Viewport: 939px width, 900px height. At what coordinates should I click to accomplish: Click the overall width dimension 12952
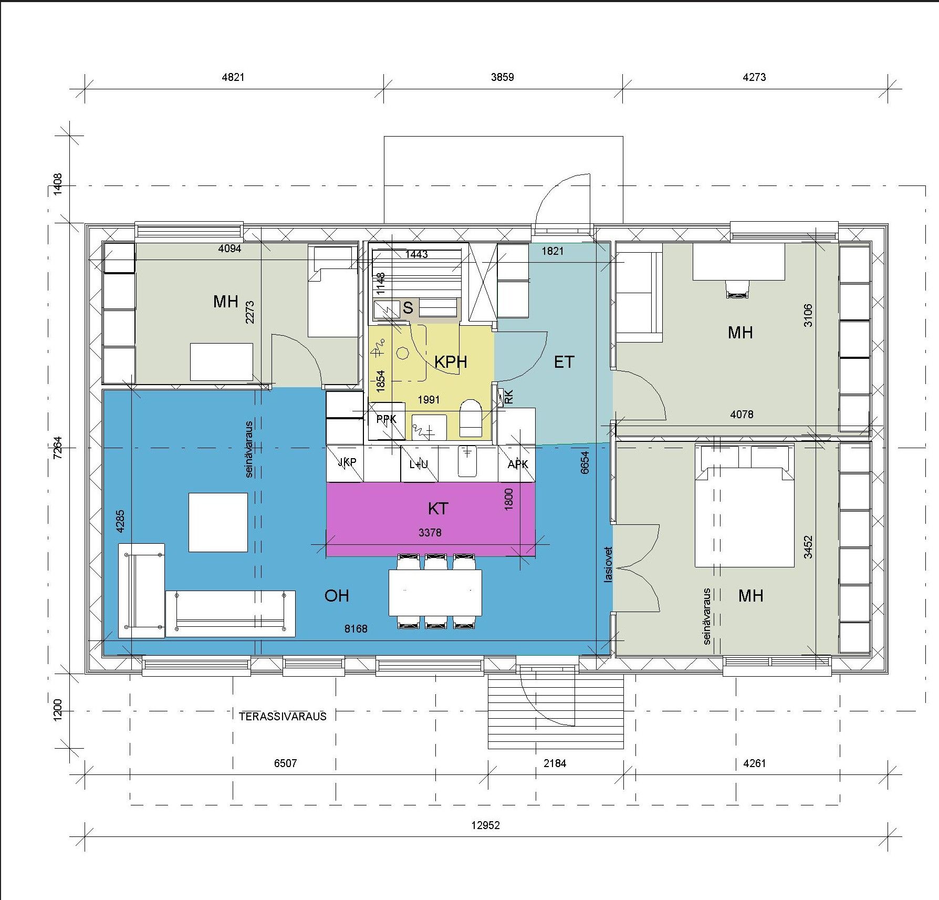[485, 825]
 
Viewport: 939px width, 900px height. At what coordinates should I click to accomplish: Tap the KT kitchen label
[438, 509]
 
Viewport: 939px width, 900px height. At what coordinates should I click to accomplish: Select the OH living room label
[337, 595]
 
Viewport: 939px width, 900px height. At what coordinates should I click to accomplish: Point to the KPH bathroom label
[451, 361]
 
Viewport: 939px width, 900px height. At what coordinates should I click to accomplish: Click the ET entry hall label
[564, 361]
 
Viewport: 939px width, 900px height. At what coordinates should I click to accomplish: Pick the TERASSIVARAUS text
[283, 716]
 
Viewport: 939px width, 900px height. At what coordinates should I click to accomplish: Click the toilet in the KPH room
[471, 418]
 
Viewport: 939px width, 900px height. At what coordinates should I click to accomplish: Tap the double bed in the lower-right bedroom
[744, 506]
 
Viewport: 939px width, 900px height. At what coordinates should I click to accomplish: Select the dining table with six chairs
[435, 591]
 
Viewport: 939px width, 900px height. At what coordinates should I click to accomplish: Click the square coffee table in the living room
[218, 522]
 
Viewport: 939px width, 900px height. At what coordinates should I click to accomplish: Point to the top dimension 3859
[502, 77]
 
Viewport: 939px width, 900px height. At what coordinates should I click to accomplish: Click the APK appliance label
[518, 464]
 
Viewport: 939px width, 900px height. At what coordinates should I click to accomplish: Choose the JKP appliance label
[347, 462]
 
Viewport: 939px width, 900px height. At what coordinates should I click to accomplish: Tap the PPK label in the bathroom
[387, 419]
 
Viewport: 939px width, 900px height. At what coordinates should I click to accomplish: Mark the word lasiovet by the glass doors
[609, 564]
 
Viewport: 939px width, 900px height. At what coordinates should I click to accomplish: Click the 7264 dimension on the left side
[58, 448]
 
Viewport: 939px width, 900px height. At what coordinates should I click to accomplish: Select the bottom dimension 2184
[555, 763]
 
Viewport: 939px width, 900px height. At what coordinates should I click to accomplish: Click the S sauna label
[408, 308]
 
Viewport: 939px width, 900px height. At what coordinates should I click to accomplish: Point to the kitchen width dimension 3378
[430, 533]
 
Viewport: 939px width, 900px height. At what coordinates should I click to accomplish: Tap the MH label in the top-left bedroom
[226, 302]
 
